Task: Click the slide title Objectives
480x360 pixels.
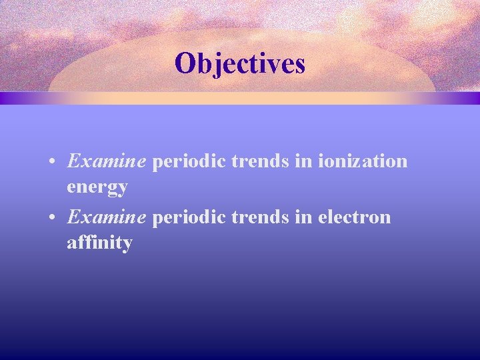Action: click(x=239, y=64)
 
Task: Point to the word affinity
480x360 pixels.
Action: click(x=99, y=243)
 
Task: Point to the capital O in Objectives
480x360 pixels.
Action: click(x=185, y=64)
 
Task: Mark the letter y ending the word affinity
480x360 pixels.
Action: click(x=127, y=245)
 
